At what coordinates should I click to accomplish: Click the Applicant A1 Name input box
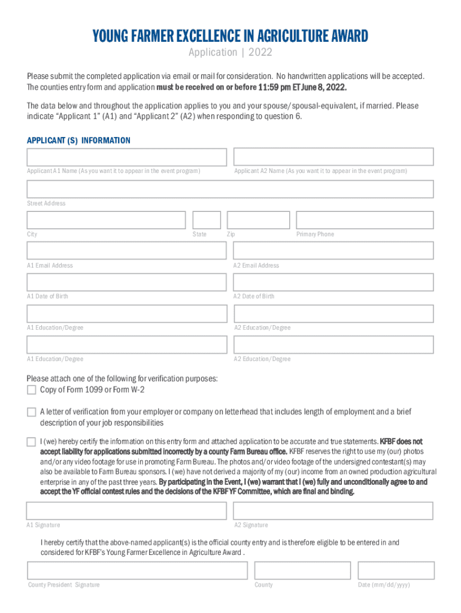click(x=126, y=157)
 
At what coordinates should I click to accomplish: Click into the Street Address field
click(x=230, y=189)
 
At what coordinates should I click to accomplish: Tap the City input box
click(x=106, y=220)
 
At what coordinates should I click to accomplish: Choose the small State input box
click(x=207, y=220)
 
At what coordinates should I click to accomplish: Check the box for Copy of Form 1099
click(x=31, y=390)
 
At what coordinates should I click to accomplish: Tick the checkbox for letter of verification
click(x=31, y=412)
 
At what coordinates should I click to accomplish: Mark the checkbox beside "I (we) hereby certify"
click(x=31, y=442)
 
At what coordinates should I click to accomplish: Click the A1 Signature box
click(x=126, y=511)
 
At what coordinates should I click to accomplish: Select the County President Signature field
click(x=137, y=570)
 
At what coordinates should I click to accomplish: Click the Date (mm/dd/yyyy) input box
click(x=395, y=570)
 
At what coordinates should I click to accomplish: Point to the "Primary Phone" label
click(x=315, y=235)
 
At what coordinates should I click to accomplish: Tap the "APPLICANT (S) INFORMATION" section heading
click(x=78, y=141)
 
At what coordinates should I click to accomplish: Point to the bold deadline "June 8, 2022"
click(x=321, y=87)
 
